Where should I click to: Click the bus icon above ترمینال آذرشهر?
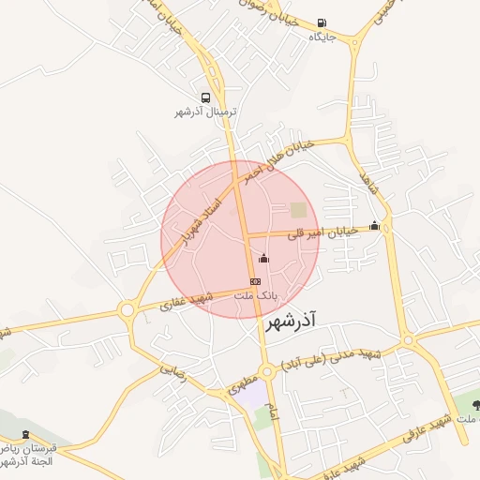click(205, 97)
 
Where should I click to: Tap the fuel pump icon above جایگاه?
click(322, 23)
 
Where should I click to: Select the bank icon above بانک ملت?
click(255, 280)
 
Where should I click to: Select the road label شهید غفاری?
click(187, 300)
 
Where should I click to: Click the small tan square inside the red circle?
click(298, 210)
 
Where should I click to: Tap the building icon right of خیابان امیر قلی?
click(375, 225)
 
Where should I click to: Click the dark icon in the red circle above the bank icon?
click(263, 258)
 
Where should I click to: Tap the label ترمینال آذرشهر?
click(206, 112)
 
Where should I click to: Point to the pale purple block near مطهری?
click(249, 394)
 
